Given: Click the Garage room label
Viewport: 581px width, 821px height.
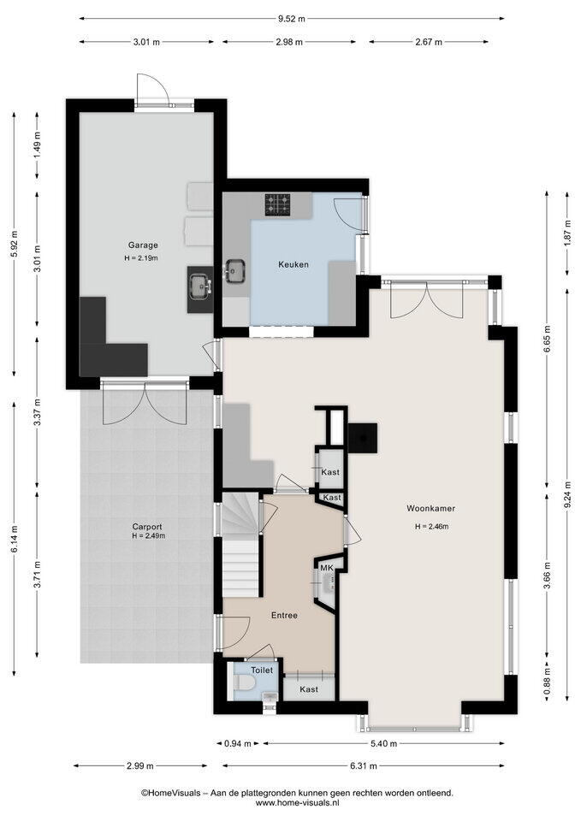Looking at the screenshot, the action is click(x=143, y=245).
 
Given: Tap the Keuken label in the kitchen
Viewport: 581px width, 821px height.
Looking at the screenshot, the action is click(x=293, y=264).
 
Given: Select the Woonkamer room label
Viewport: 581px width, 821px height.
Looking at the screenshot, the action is click(x=431, y=508).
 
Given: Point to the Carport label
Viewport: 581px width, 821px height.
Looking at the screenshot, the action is click(x=146, y=527).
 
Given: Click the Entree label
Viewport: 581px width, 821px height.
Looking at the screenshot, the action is click(x=284, y=615).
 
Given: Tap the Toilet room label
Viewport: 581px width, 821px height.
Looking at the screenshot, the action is click(x=262, y=670).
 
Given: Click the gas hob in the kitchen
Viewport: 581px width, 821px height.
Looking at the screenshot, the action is click(x=277, y=204).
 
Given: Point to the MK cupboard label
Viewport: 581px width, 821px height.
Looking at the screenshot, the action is click(x=326, y=568).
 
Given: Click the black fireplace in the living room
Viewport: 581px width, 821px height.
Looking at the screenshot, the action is click(x=362, y=437).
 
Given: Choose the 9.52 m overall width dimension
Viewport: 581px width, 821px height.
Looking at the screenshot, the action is click(x=291, y=19).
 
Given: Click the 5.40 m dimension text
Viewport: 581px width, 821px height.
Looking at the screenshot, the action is click(x=384, y=743).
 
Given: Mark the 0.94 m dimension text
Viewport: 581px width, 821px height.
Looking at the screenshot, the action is click(x=239, y=743).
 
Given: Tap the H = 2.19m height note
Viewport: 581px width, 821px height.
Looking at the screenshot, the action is click(x=143, y=257).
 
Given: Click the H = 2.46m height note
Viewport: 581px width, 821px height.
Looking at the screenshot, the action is click(x=431, y=527).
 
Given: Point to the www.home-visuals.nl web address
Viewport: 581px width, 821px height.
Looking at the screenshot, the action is click(x=297, y=802).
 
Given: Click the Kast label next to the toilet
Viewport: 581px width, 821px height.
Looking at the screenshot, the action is click(x=309, y=689).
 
